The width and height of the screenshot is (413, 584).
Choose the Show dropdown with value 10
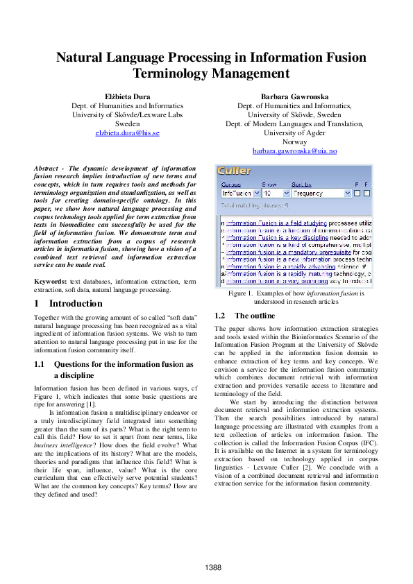tap(276, 194)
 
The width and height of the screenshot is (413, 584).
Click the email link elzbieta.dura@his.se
tap(127, 132)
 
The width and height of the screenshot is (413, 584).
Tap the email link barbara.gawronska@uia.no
tap(294, 151)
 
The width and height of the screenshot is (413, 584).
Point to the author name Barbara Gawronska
tap(294, 96)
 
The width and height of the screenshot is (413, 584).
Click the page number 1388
tap(214, 567)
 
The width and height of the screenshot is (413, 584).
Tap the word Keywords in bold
tap(50, 281)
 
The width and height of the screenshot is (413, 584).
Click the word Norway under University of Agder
tap(294, 141)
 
